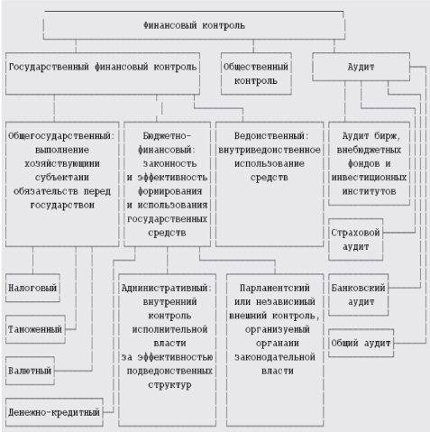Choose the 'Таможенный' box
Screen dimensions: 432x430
tap(34, 329)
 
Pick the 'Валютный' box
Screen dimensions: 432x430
tap(30, 371)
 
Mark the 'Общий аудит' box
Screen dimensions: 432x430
tap(359, 343)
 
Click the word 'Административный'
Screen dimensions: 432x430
tap(165, 287)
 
